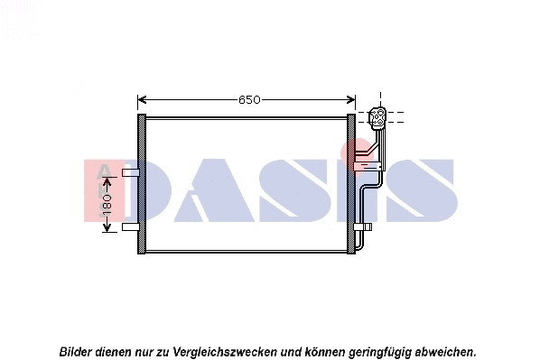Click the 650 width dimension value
click(249, 99)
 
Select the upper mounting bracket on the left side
click(130, 171)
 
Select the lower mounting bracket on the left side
click(130, 226)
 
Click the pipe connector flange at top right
click(378, 117)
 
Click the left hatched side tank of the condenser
click(141, 184)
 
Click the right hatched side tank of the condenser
click(352, 184)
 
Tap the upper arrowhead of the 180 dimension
click(107, 175)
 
